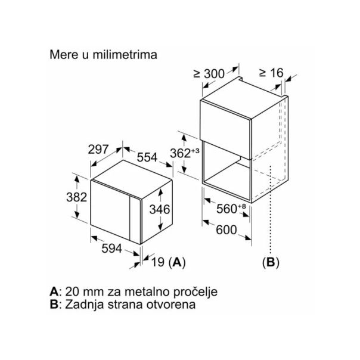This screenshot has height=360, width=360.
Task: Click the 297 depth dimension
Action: (98, 149)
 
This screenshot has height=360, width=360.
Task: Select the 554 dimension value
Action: (147, 157)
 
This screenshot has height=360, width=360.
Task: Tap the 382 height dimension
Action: (77, 197)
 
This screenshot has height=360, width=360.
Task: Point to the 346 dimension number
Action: (160, 209)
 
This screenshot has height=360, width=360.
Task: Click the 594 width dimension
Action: (111, 248)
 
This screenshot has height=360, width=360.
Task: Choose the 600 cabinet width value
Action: (226, 229)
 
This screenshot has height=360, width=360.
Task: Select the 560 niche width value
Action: (226, 209)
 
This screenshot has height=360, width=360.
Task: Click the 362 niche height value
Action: (180, 153)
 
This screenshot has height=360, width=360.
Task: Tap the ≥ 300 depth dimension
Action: (209, 74)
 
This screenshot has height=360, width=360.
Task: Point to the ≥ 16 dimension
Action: (271, 73)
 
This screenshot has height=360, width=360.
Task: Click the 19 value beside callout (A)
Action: (158, 262)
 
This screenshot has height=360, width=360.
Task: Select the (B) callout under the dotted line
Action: (271, 262)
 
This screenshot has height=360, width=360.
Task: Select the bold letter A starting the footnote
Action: (54, 292)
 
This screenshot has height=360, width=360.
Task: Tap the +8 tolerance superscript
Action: (242, 206)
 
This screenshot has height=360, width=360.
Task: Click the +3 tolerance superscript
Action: (195, 151)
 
